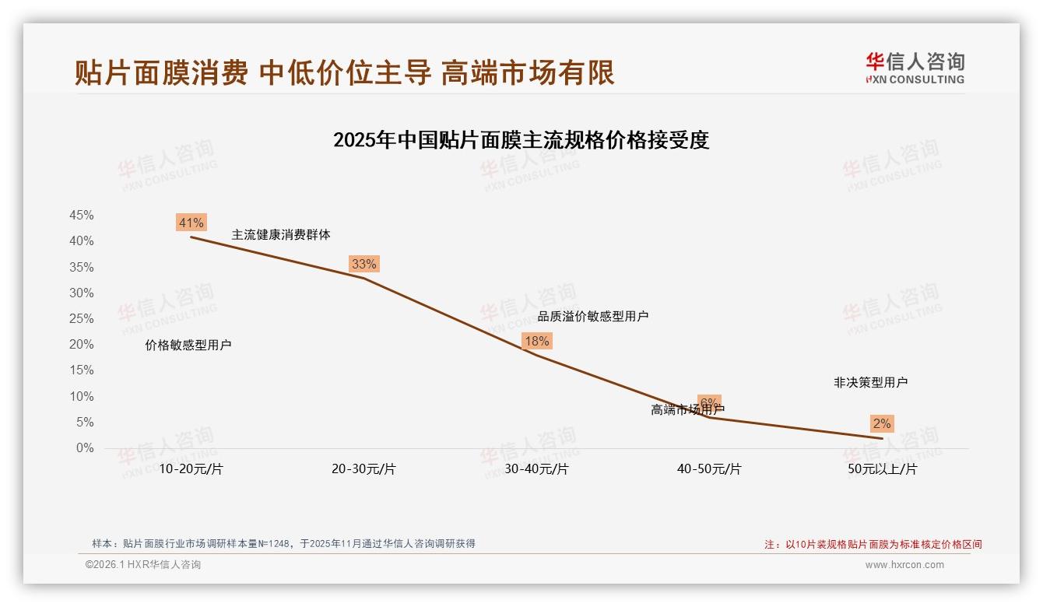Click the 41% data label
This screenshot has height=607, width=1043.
(191, 223)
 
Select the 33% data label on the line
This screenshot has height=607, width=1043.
(363, 264)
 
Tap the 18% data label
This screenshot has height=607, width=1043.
(536, 341)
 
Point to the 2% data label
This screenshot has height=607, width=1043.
(882, 423)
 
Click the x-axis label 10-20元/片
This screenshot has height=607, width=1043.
(191, 469)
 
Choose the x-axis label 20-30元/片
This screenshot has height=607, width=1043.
(363, 469)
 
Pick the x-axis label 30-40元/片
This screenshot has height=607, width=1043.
(536, 469)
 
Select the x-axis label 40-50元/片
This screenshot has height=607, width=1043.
(709, 469)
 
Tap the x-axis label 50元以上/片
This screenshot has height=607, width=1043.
(882, 469)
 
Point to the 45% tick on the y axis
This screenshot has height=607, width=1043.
(82, 216)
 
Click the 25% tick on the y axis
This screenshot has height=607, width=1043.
(82, 319)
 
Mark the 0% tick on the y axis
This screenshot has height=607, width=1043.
(85, 448)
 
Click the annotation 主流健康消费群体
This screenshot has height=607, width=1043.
(280, 234)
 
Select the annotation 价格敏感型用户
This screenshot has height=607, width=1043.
(188, 346)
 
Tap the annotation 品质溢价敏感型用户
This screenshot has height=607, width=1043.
(592, 316)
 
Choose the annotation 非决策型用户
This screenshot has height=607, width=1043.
(870, 383)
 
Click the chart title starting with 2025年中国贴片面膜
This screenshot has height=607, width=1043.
(521, 140)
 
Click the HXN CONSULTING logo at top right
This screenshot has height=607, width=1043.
(915, 68)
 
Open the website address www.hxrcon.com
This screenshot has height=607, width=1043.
(904, 565)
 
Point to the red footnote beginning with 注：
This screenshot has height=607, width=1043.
(873, 545)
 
